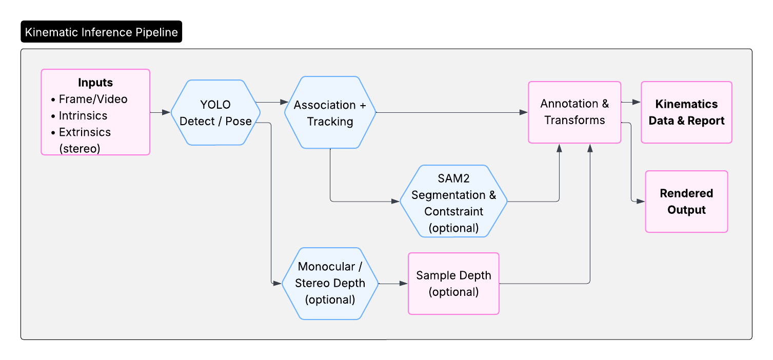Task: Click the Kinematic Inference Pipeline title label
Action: click(x=101, y=32)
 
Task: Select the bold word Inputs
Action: click(x=95, y=83)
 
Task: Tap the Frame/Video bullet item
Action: click(x=93, y=99)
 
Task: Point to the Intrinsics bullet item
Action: click(x=83, y=115)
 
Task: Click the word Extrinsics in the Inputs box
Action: click(x=85, y=132)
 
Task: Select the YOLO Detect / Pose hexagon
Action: click(x=215, y=113)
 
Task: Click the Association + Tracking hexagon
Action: click(x=330, y=113)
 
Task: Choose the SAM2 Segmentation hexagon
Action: click(x=453, y=202)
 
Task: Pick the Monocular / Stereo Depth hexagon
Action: click(x=330, y=283)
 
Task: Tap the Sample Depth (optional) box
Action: click(x=453, y=283)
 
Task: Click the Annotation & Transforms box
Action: click(x=574, y=112)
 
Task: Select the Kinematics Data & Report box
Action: click(x=686, y=112)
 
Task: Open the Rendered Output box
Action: click(x=686, y=202)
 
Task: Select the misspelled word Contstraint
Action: click(x=453, y=211)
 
